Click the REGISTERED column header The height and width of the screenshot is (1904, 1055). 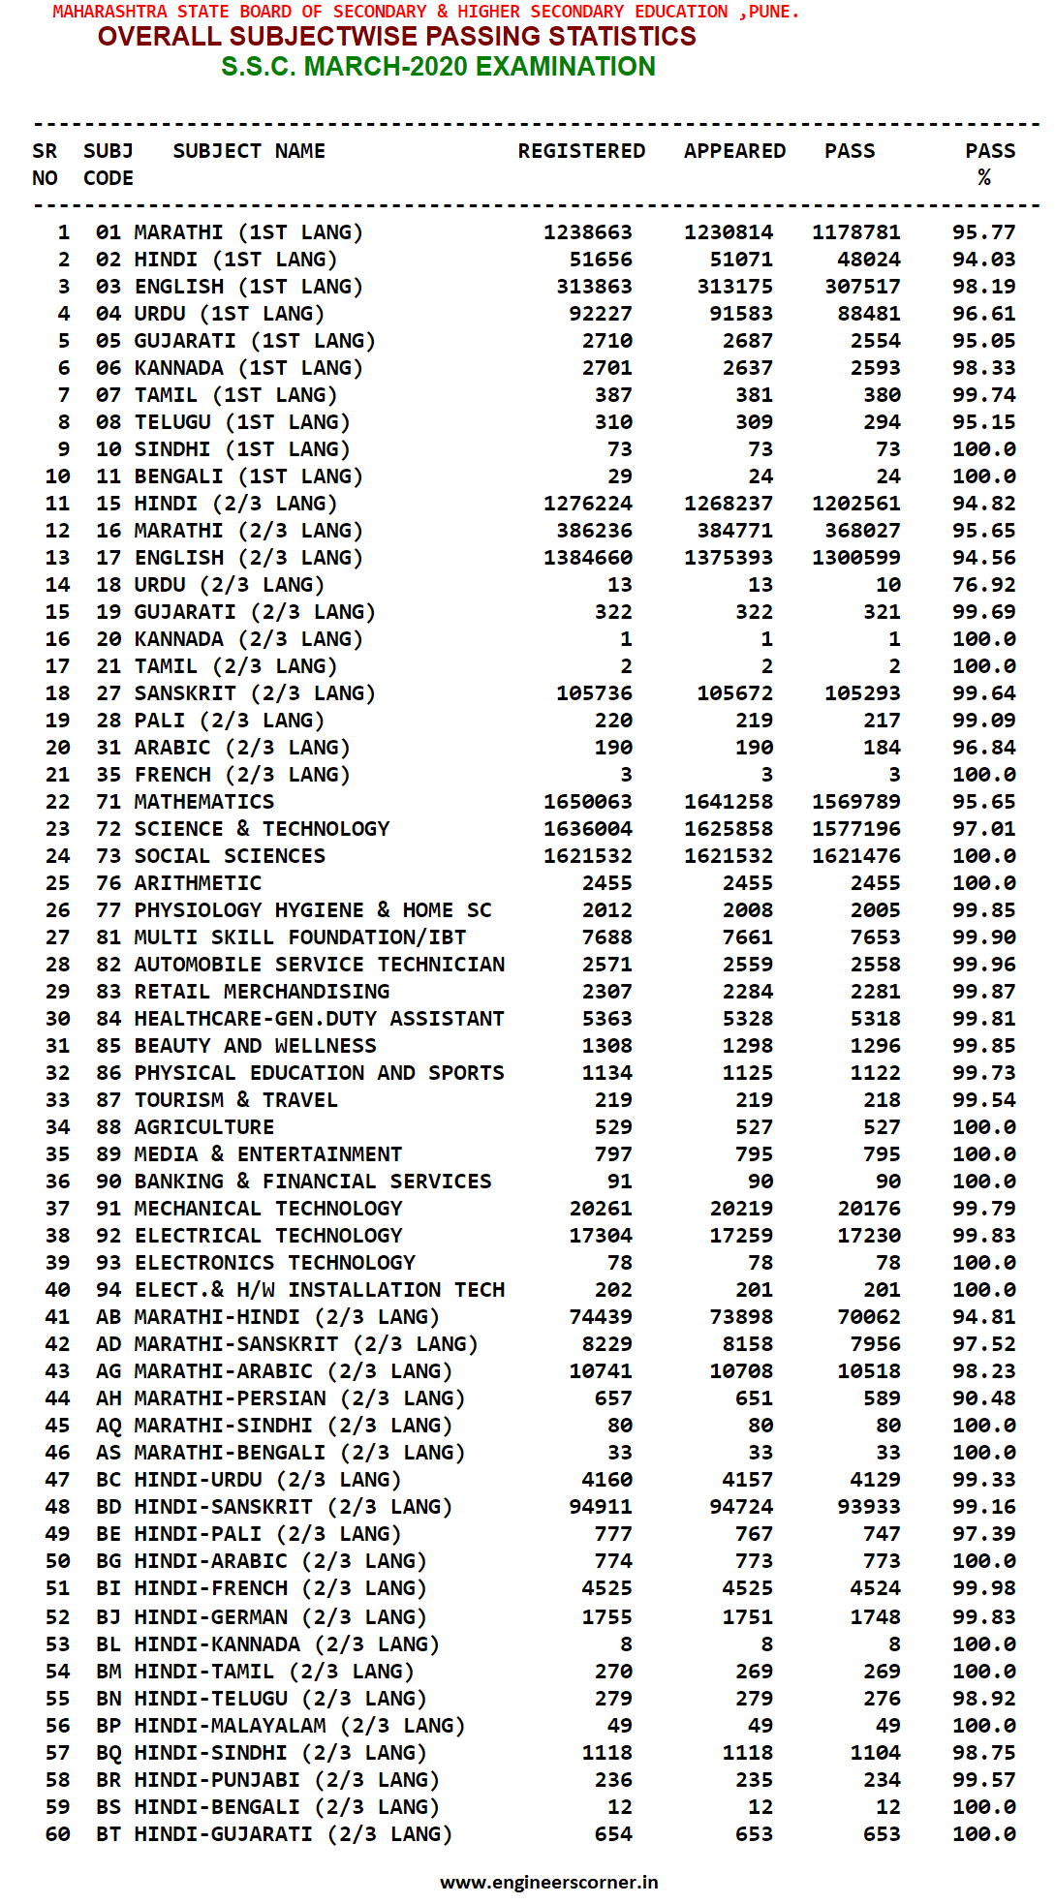(x=581, y=151)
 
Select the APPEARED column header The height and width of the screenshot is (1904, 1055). (x=734, y=151)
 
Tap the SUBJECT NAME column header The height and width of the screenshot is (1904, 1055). (x=249, y=151)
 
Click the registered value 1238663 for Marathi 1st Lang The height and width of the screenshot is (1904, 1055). (x=587, y=232)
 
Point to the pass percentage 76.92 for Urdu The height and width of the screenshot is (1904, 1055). (x=983, y=585)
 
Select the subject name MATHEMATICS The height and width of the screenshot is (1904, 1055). (x=204, y=802)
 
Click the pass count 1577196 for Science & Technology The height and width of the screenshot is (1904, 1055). (x=855, y=829)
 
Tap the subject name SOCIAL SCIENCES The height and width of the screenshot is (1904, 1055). (x=230, y=856)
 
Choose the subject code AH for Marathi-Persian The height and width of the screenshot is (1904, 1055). (x=109, y=1398)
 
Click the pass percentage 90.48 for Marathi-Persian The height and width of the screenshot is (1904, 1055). (x=983, y=1398)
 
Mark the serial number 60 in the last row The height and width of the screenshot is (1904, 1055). (x=58, y=1834)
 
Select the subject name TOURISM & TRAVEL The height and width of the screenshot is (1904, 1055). (x=236, y=1100)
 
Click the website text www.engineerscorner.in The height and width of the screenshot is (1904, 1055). (x=548, y=1882)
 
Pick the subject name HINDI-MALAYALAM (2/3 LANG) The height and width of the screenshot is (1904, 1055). (x=299, y=1726)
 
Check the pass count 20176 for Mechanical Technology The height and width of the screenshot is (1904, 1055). (x=869, y=1209)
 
